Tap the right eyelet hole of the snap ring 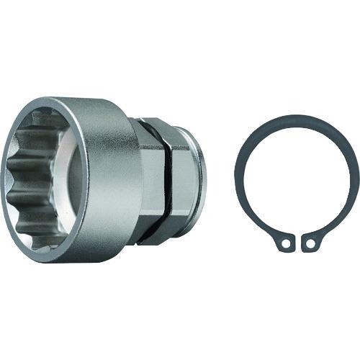(x=310, y=244)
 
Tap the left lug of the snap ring (x=286, y=243)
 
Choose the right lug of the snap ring (x=311, y=243)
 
